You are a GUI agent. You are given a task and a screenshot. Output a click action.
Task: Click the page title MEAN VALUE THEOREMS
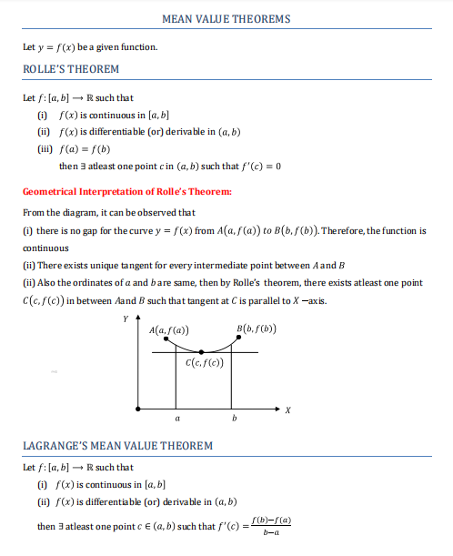226,18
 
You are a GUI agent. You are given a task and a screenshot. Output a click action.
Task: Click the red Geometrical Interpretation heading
126,191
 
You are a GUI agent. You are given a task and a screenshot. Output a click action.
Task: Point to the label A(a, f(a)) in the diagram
169,329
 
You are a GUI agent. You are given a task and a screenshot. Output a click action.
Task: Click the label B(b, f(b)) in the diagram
257,329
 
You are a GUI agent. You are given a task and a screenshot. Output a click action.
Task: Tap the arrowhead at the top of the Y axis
137,320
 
